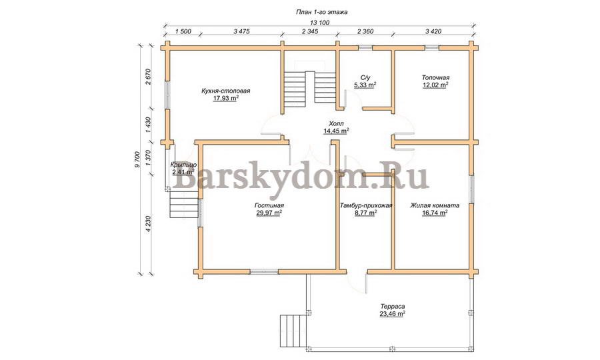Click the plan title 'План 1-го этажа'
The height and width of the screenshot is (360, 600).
322,12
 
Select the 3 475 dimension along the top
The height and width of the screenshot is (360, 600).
241,31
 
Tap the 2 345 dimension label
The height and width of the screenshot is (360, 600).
310,31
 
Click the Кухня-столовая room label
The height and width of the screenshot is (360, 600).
226,91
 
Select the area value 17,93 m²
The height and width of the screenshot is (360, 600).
226,98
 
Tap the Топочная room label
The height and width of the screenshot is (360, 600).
435,77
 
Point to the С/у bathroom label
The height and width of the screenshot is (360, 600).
365,77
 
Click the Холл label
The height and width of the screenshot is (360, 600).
337,123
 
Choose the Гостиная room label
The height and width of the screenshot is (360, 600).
269,205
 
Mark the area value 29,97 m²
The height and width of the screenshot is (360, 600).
269,213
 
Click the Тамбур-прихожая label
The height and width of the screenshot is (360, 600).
366,205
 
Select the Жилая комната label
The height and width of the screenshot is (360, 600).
435,205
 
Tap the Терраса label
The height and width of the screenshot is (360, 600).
393,307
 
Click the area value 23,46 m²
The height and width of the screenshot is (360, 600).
393,314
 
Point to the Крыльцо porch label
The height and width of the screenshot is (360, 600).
184,165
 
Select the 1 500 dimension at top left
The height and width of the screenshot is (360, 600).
183,31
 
